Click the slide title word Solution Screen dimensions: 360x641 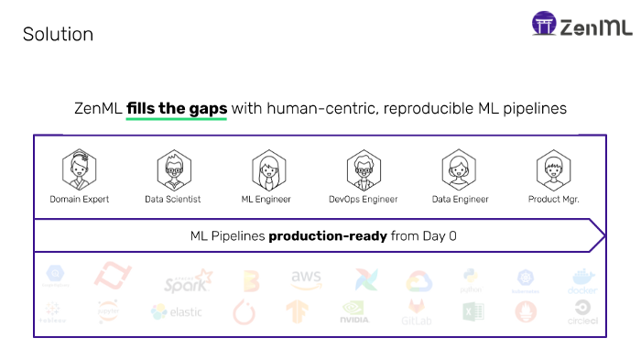pos(58,35)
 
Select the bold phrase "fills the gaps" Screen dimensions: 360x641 pos(177,108)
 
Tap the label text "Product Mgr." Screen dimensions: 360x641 pos(554,199)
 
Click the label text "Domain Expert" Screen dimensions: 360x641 pos(80,199)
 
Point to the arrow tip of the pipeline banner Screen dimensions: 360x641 pos(603,235)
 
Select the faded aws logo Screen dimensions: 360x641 pos(306,278)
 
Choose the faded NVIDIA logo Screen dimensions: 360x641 pos(354,313)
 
